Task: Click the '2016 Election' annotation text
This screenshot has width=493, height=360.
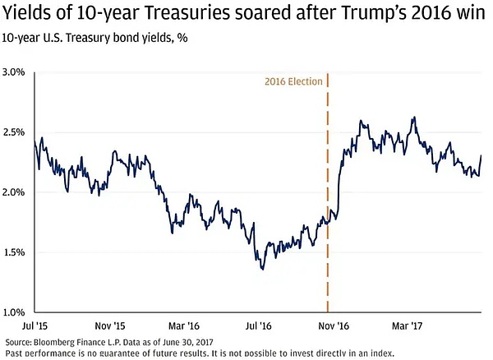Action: click(293, 82)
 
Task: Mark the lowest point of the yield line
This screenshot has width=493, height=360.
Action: click(261, 268)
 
